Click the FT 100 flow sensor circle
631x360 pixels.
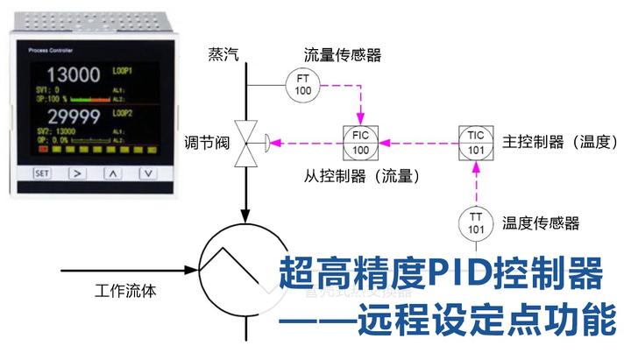tap(302, 84)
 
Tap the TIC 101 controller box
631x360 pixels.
tap(476, 141)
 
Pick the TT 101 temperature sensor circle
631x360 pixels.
tap(476, 223)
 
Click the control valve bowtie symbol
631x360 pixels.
tap(247, 141)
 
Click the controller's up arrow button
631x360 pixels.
tap(113, 173)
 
